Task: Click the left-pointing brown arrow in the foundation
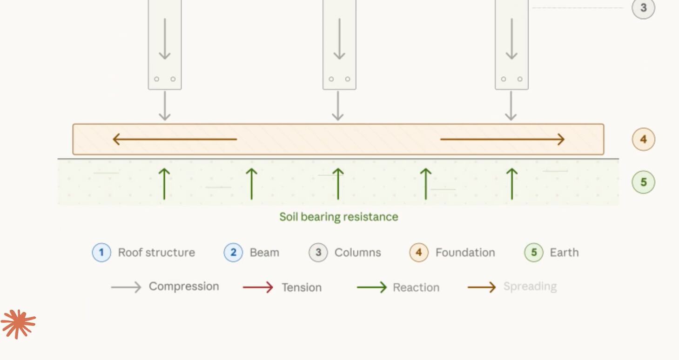click(175, 139)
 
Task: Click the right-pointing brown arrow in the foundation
click(502, 139)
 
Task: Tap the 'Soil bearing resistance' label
click(338, 217)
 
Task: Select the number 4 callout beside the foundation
click(643, 139)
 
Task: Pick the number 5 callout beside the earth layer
click(643, 182)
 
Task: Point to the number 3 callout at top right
click(643, 8)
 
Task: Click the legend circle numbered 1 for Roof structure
click(101, 253)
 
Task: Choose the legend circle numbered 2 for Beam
click(233, 253)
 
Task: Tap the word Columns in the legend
click(357, 253)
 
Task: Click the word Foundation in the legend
click(465, 253)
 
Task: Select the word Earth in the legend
click(564, 253)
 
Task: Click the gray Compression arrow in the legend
click(126, 287)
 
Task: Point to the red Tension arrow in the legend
click(258, 287)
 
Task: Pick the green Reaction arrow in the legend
click(371, 287)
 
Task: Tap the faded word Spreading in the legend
click(530, 287)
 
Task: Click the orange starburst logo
click(18, 323)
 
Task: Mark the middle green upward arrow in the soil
click(338, 184)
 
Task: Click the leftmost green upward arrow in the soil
click(164, 184)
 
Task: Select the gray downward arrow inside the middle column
click(339, 39)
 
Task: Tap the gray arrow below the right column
click(511, 106)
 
